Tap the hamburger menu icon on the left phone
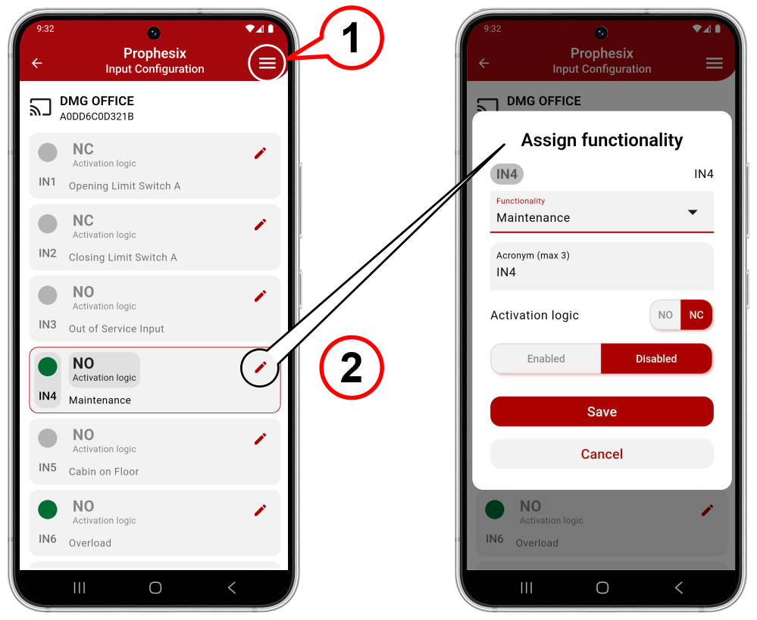tap(267, 63)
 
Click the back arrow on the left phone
tap(36, 63)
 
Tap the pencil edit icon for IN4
tap(260, 368)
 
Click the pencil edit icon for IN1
tap(260, 154)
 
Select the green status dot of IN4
tap(48, 366)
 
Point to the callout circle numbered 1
tap(352, 38)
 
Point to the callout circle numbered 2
tap(352, 368)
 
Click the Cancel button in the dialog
tap(602, 454)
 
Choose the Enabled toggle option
tap(546, 359)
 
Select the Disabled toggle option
tap(656, 359)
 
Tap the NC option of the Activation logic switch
tap(696, 315)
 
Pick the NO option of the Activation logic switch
tap(665, 315)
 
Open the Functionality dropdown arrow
tap(693, 212)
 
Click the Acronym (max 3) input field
tap(602, 266)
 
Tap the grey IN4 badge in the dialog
tap(507, 174)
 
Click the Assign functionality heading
tap(602, 140)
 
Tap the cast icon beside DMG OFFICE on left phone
tap(41, 107)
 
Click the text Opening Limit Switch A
tap(124, 186)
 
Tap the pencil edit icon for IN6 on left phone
tap(260, 510)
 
